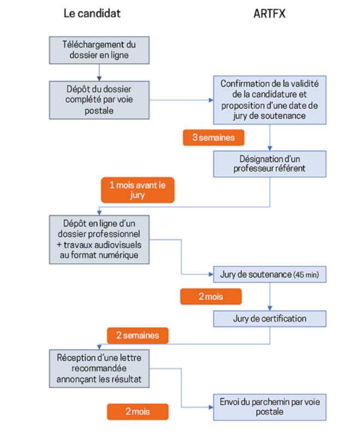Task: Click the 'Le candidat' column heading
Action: coord(92,13)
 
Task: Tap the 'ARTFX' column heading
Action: coord(269,14)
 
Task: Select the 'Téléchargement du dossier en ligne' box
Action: coord(99,50)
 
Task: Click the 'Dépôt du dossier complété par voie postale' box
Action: coord(99,100)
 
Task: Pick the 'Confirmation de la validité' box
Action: coord(269,100)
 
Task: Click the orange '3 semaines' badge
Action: coord(213,137)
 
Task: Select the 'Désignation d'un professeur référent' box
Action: coord(269,164)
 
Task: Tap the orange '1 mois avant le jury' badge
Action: coord(137,190)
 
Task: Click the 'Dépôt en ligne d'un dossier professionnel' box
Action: coord(99,240)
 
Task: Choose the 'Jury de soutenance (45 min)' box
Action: coord(269,274)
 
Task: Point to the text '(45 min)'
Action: coord(306,274)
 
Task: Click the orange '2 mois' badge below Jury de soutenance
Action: coord(211,297)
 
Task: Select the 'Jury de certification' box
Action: coord(269,319)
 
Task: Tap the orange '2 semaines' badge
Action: coord(137,336)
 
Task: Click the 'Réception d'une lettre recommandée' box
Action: coord(99,369)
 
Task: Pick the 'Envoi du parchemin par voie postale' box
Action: coord(269,407)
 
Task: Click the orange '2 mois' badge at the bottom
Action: coord(137,411)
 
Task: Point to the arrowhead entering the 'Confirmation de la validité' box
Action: coord(211,100)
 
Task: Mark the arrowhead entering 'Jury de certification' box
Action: coord(270,308)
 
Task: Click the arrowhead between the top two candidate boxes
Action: coord(99,79)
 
